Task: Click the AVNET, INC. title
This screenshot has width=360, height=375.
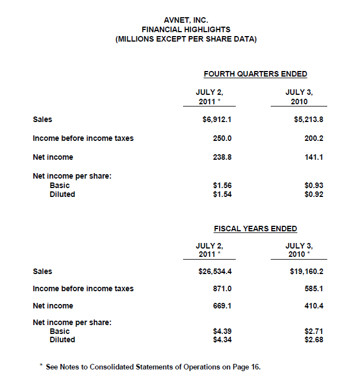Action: (186, 21)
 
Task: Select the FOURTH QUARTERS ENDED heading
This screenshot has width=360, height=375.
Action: (255, 74)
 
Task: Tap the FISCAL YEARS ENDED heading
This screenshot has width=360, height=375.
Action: (255, 229)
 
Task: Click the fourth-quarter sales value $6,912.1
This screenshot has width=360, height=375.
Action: (215, 119)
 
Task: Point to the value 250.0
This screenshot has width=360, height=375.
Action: (222, 138)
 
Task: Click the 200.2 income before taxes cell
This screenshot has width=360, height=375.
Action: (314, 138)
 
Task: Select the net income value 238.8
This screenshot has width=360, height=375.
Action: (222, 157)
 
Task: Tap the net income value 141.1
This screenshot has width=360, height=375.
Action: (314, 157)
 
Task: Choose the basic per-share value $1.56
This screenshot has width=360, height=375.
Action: (222, 185)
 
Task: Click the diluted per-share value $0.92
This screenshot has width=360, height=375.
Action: (314, 194)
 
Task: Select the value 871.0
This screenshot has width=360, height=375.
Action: (222, 288)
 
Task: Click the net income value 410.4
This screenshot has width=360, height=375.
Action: (314, 306)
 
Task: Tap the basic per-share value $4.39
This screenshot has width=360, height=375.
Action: (222, 331)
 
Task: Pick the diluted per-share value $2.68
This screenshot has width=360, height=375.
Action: (314, 339)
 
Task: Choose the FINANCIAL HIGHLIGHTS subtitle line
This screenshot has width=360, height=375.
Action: (186, 29)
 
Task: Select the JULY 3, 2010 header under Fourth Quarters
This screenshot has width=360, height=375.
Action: (299, 97)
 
